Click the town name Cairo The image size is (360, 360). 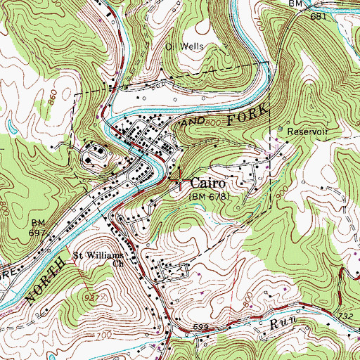[x=206, y=181]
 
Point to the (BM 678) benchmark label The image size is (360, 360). [x=209, y=198]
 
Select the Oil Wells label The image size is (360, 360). [x=184, y=46]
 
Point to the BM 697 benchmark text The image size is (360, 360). [x=37, y=227]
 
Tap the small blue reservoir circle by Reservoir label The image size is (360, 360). [x=281, y=131]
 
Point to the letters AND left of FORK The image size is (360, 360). [x=193, y=121]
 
